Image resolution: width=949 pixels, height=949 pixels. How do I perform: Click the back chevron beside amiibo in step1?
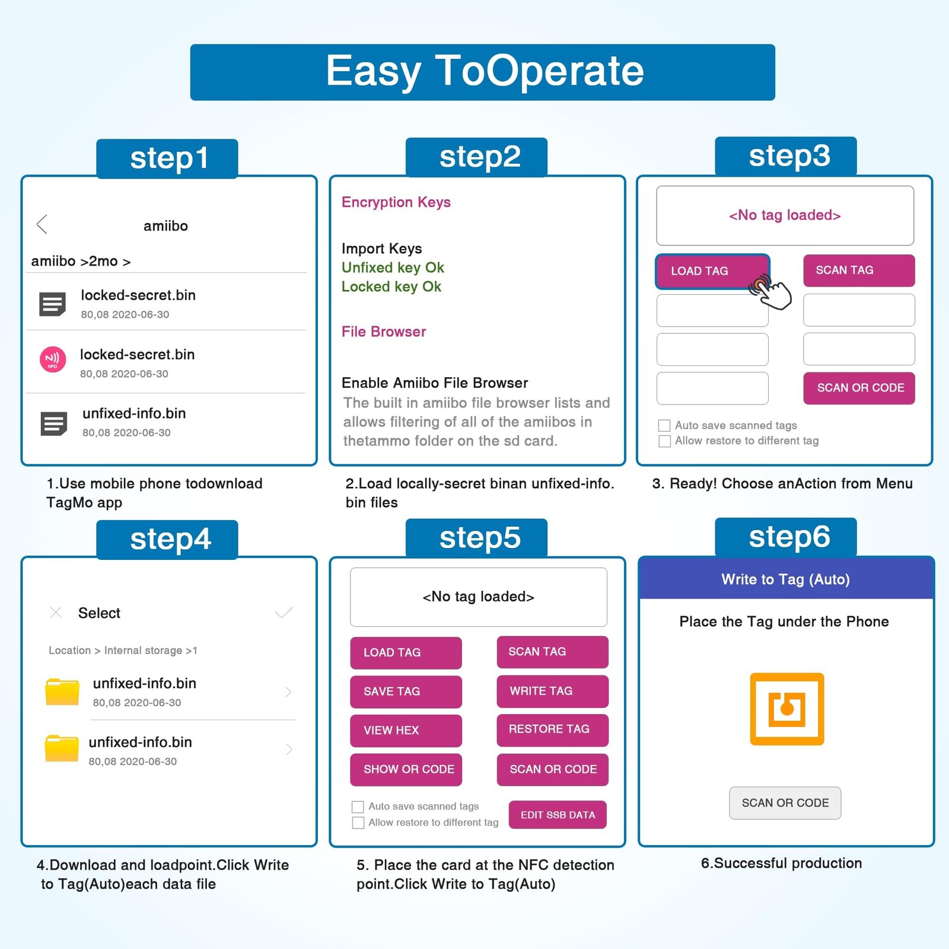click(x=42, y=224)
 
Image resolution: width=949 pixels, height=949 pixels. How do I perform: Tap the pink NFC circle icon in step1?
click(x=53, y=359)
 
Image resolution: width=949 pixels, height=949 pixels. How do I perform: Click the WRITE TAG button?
click(x=552, y=691)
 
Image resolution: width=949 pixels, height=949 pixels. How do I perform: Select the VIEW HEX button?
click(x=406, y=730)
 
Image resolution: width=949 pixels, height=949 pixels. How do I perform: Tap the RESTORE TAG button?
click(x=552, y=730)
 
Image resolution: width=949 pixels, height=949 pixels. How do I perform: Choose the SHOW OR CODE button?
click(x=406, y=769)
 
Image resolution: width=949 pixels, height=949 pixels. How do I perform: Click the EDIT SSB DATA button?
click(x=558, y=815)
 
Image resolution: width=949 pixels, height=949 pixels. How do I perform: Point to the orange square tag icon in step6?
click(x=786, y=709)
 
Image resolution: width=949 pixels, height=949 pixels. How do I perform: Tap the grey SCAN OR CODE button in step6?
click(x=785, y=803)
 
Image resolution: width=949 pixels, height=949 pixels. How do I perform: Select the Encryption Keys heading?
click(x=396, y=202)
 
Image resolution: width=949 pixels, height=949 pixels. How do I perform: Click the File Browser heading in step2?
click(x=383, y=332)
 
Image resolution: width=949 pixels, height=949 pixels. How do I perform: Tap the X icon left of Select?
click(x=56, y=613)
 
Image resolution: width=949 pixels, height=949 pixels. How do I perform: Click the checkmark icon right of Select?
click(x=284, y=613)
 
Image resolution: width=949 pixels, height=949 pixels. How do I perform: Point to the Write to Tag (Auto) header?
click(x=785, y=579)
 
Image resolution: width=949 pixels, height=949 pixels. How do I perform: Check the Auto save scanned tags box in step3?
click(x=664, y=426)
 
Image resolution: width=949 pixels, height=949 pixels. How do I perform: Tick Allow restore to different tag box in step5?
click(x=358, y=823)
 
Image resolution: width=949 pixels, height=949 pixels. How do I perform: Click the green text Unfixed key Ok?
click(x=393, y=267)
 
